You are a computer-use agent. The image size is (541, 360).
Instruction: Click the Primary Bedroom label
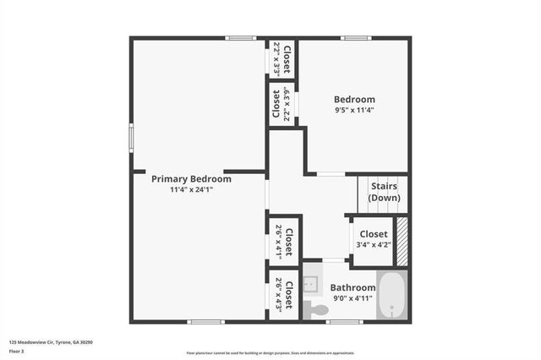(x=191, y=178)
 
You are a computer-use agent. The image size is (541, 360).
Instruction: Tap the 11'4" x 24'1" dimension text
(x=191, y=190)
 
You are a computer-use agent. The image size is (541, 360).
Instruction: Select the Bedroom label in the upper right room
(x=355, y=100)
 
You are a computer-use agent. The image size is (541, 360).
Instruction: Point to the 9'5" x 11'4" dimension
(x=355, y=111)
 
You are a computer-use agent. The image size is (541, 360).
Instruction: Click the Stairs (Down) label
(x=385, y=192)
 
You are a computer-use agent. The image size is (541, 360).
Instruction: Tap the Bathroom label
(x=352, y=287)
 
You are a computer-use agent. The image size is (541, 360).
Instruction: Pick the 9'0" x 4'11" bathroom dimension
(x=352, y=298)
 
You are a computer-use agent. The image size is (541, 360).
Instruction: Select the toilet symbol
(x=315, y=309)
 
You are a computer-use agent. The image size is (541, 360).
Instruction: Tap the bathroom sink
(x=310, y=281)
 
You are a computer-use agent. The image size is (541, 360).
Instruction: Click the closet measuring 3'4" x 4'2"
(x=374, y=238)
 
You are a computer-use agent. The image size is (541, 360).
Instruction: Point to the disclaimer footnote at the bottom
(x=270, y=353)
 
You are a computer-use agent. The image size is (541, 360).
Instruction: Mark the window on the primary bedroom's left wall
(x=131, y=138)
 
